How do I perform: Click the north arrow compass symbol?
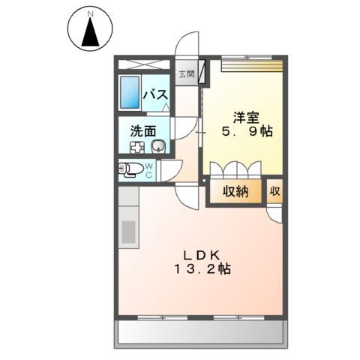pyautogui.click(x=89, y=33)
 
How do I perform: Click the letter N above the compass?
pyautogui.click(x=89, y=13)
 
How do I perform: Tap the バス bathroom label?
pyautogui.click(x=155, y=95)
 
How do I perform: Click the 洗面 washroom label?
pyautogui.click(x=142, y=129)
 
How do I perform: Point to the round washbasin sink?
pyautogui.click(x=157, y=145)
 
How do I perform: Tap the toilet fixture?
pyautogui.click(x=129, y=169)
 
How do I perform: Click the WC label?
pyautogui.click(x=149, y=169)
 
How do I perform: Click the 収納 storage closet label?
pyautogui.click(x=235, y=191)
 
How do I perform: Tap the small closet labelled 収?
pyautogui.click(x=275, y=191)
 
